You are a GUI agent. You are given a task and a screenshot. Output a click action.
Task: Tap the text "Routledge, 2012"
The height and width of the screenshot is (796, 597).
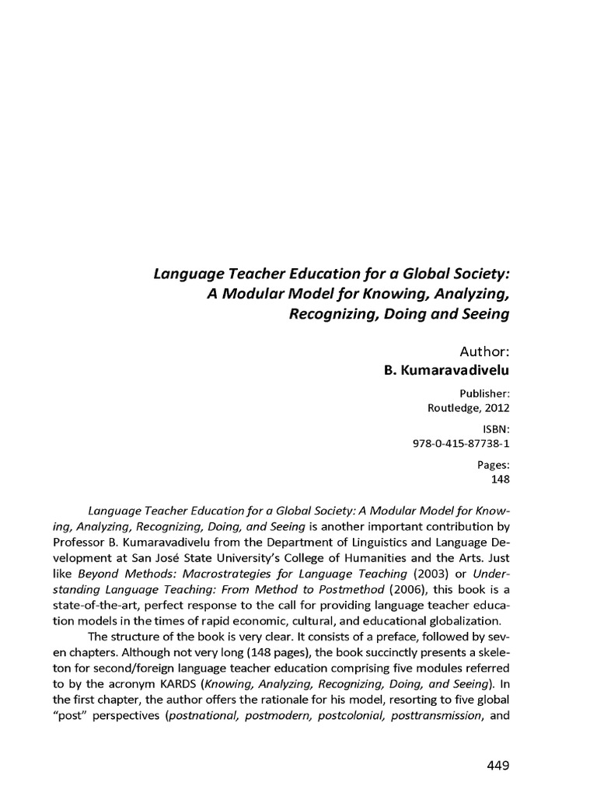(469, 407)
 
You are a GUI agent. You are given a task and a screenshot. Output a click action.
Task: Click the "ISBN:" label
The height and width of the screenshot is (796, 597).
(495, 429)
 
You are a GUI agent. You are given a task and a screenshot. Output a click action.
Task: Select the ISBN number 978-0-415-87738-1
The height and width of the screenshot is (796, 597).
(460, 443)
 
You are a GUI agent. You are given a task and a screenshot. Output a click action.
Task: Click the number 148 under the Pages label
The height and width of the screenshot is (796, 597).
(500, 479)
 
